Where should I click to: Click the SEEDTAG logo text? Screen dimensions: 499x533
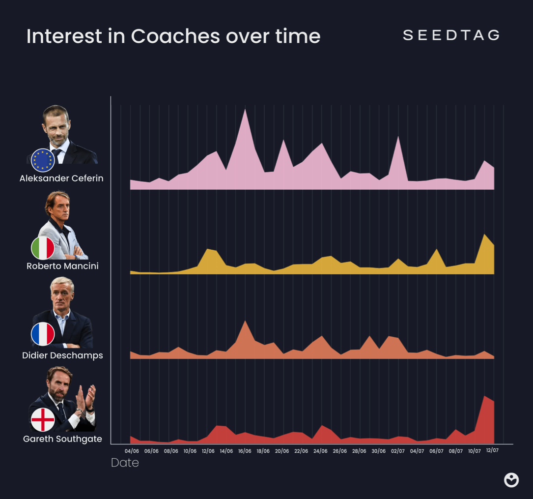[x=451, y=35]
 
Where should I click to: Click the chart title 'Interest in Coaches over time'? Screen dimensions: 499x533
[x=173, y=36]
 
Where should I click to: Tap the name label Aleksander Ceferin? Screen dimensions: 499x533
[x=61, y=178]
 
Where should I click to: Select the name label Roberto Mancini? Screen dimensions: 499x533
[x=62, y=266]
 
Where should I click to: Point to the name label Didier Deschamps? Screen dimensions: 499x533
[x=62, y=355]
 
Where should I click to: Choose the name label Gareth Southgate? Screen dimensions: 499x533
[x=62, y=439]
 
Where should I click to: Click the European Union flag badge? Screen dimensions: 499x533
[x=43, y=160]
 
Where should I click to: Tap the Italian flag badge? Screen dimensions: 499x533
[x=43, y=248]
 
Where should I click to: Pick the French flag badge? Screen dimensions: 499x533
[x=43, y=334]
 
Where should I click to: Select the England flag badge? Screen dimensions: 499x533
[x=43, y=420]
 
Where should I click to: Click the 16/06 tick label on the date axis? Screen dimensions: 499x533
[x=245, y=451]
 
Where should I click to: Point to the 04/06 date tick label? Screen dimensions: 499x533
[x=132, y=451]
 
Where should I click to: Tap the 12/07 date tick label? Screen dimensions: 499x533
[x=492, y=450]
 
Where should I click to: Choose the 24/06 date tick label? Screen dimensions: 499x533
[x=320, y=451]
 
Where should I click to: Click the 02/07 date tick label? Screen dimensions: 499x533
[x=397, y=451]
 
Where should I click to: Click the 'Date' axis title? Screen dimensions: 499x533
[x=125, y=463]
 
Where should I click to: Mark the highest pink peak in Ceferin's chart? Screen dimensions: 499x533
[x=245, y=110]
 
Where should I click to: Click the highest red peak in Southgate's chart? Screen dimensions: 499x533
[x=485, y=397]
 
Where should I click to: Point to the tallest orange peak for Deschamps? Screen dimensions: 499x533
[x=245, y=322]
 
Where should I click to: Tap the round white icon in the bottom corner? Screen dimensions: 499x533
[x=511, y=480]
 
